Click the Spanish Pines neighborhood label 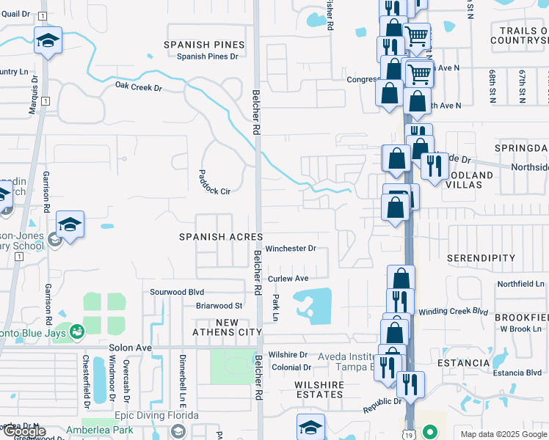point(204,45)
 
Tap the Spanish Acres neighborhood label point(222,237)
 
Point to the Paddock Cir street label point(214,183)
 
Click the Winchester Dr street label point(291,249)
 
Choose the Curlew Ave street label point(288,279)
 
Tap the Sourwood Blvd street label point(176,291)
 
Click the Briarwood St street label point(219,306)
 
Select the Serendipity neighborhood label point(481,259)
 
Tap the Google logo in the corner point(24,431)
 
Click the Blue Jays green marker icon point(76,332)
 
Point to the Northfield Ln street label point(520,284)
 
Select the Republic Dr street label point(382,402)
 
